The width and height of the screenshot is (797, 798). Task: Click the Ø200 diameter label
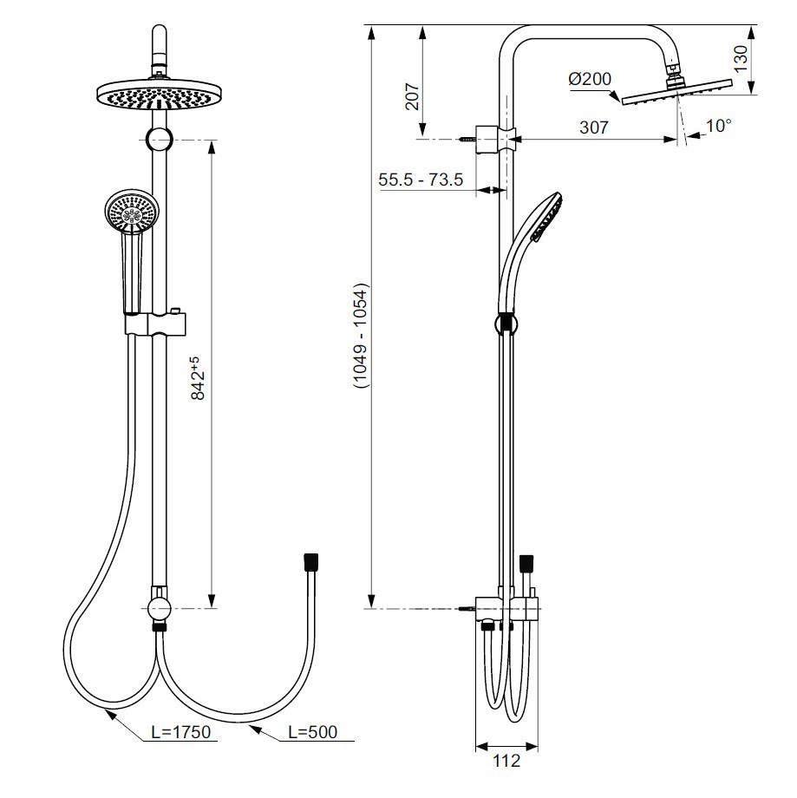[591, 80]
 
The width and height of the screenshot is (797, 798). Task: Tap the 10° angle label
[718, 126]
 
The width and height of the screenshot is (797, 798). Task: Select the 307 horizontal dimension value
[593, 127]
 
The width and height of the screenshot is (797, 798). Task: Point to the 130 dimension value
[739, 59]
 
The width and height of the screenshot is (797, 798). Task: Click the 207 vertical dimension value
[413, 95]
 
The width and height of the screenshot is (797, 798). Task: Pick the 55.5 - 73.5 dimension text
[422, 180]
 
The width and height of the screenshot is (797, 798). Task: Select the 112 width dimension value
[506, 761]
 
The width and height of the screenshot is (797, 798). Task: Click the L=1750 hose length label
[180, 732]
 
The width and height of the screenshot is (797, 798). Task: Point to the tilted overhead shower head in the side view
[678, 90]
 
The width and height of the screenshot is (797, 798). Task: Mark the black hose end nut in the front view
[310, 561]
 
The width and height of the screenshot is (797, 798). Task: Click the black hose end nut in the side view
[525, 565]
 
